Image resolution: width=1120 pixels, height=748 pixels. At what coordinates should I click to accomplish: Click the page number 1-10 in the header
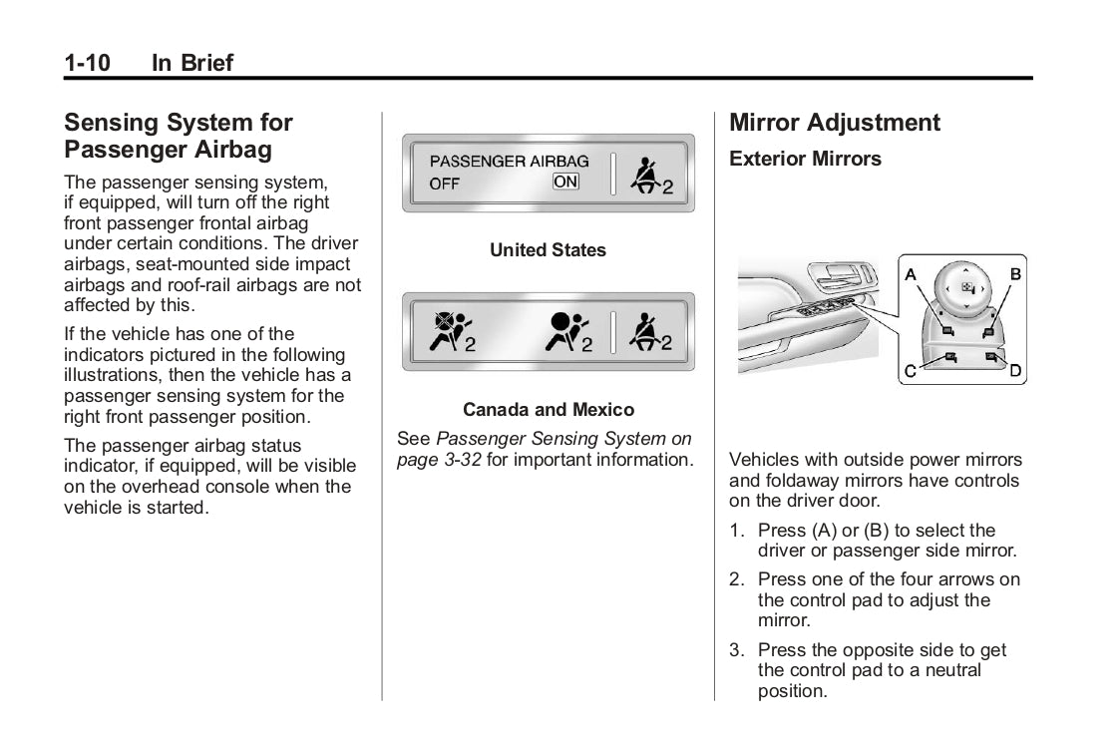pyautogui.click(x=87, y=63)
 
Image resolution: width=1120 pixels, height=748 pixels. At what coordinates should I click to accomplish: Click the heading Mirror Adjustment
pyautogui.click(x=834, y=123)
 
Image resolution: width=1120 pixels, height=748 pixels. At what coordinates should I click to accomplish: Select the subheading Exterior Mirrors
pyautogui.click(x=805, y=159)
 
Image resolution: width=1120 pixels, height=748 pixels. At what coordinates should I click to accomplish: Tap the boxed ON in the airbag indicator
pyautogui.click(x=565, y=182)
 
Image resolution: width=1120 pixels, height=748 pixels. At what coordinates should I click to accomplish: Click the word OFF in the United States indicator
pyautogui.click(x=445, y=184)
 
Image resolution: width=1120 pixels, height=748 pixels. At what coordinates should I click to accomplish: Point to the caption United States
pyautogui.click(x=548, y=250)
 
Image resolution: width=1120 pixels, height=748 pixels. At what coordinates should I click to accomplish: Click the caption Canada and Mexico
pyautogui.click(x=548, y=410)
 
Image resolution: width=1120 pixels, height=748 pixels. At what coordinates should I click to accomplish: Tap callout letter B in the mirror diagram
pyautogui.click(x=1015, y=273)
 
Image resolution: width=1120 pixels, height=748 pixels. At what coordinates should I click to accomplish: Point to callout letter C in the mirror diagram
pyautogui.click(x=910, y=372)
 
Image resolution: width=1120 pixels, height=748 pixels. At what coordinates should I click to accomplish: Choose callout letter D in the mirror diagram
pyautogui.click(x=1015, y=372)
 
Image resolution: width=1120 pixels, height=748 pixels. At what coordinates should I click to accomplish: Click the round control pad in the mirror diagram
pyautogui.click(x=965, y=288)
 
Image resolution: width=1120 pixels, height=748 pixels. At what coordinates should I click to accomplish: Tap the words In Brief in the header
pyautogui.click(x=191, y=63)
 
